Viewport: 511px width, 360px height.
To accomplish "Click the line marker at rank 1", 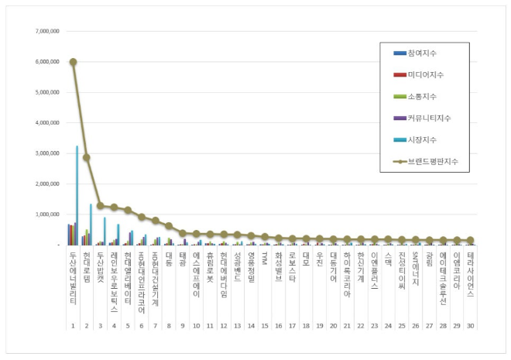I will (x=73, y=62).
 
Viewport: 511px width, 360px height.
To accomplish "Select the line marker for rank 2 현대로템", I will (x=87, y=157).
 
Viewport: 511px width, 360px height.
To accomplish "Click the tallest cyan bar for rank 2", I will (x=91, y=225).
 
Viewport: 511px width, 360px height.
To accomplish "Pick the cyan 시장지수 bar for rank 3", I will (x=105, y=231).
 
